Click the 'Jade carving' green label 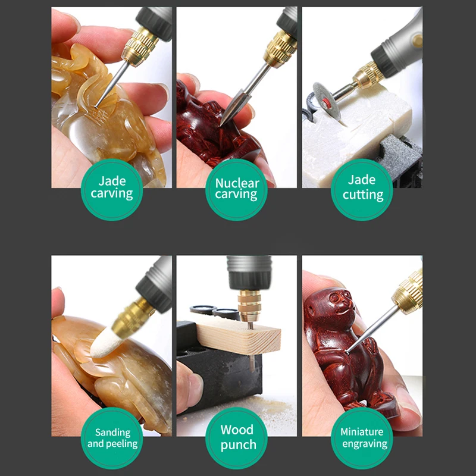[112, 190]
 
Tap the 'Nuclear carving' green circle [236, 190]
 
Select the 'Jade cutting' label [362, 190]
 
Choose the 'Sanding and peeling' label [112, 438]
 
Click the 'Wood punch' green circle [236, 438]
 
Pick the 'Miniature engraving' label [362, 438]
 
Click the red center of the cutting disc [326, 104]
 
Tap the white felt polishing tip [106, 343]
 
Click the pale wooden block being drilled [239, 336]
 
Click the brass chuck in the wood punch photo [249, 306]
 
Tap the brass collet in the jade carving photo [140, 46]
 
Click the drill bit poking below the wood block [252, 364]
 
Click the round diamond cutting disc [326, 102]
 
